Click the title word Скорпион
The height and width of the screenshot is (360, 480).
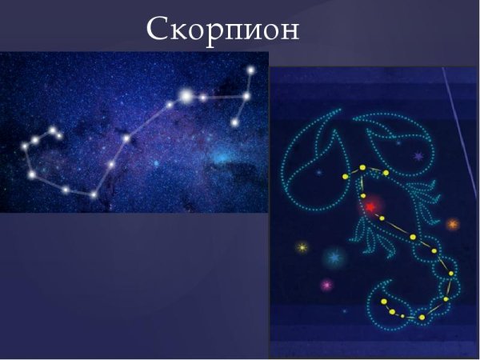pos(223,30)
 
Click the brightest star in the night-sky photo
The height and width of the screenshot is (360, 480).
pos(186,97)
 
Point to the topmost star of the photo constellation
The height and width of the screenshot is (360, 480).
pos(250,70)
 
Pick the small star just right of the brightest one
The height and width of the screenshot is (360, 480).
pos(204,98)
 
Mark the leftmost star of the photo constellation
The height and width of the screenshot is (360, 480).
pos(25,146)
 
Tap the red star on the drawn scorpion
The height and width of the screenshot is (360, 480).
pos(370,206)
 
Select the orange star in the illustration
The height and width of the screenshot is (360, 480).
pos(452,224)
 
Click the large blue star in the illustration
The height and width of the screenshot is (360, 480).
pos(333,258)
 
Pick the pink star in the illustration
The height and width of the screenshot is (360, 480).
pos(326,284)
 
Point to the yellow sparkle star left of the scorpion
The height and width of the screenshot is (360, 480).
pos(302,247)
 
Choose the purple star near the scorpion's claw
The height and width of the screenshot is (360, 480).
pos(417,157)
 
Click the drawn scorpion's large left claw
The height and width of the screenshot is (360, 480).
pos(312,152)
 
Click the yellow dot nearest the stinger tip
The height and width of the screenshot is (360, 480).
pos(384,302)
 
